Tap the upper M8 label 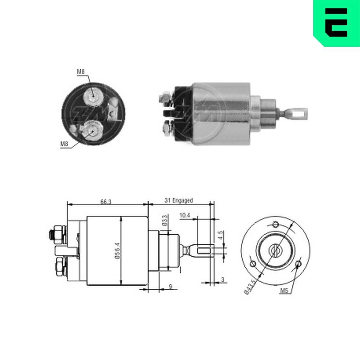(81, 72)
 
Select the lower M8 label (64, 144)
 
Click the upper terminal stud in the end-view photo (93, 95)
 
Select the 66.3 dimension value (106, 202)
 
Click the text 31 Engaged (179, 201)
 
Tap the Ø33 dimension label (165, 220)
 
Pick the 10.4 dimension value (184, 215)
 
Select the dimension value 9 (170, 287)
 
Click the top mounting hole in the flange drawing (275, 225)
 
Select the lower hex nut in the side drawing (58, 267)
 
